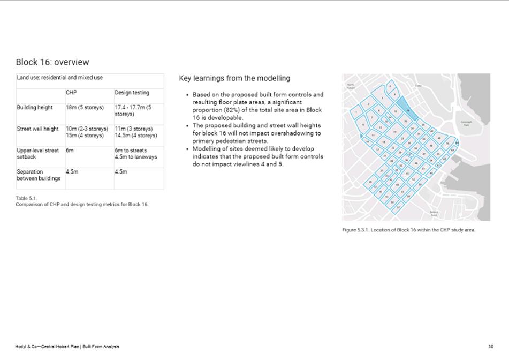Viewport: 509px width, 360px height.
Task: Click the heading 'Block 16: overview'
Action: [x=52, y=62]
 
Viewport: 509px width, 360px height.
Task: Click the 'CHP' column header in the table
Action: [x=71, y=93]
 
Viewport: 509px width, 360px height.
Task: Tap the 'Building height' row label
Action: [x=35, y=108]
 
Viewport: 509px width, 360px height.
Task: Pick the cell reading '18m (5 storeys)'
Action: [x=85, y=108]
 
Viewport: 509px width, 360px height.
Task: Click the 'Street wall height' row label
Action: [x=37, y=129]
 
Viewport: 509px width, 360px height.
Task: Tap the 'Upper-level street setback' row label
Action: [x=37, y=154]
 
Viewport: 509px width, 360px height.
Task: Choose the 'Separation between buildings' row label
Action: [x=38, y=175]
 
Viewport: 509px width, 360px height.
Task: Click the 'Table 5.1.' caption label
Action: [x=26, y=198]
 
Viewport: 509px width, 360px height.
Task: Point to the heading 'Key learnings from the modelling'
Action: [x=234, y=78]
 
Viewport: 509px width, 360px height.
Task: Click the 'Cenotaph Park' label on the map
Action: [x=466, y=123]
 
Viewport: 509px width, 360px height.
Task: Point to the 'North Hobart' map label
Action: [x=351, y=86]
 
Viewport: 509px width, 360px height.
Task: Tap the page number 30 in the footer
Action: [x=491, y=347]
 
